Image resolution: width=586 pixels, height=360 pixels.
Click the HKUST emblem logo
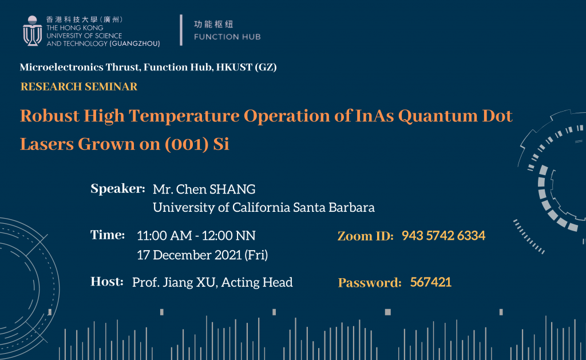click(x=32, y=31)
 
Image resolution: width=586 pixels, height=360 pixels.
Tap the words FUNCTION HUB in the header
click(x=227, y=37)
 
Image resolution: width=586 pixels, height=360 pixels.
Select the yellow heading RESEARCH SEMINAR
click(x=79, y=86)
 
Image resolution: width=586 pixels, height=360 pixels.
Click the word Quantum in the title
click(x=438, y=116)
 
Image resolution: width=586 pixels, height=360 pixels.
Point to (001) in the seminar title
click(x=187, y=144)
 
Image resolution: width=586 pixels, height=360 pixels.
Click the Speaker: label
click(x=118, y=189)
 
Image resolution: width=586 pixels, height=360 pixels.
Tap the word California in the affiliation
click(x=261, y=207)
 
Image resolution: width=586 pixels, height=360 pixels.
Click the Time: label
click(x=108, y=235)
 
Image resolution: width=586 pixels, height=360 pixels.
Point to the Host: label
click(x=107, y=282)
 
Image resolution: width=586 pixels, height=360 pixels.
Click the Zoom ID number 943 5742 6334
click(x=444, y=235)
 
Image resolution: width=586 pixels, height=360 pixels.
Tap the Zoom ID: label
click(x=366, y=236)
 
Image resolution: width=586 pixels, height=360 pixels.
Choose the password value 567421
click(x=430, y=282)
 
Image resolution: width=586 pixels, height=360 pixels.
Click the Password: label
click(x=370, y=283)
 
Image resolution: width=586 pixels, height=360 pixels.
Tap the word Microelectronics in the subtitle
click(x=62, y=68)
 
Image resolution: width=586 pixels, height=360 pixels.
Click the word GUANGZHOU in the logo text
click(x=134, y=43)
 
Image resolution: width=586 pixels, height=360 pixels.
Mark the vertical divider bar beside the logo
click(x=181, y=30)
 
